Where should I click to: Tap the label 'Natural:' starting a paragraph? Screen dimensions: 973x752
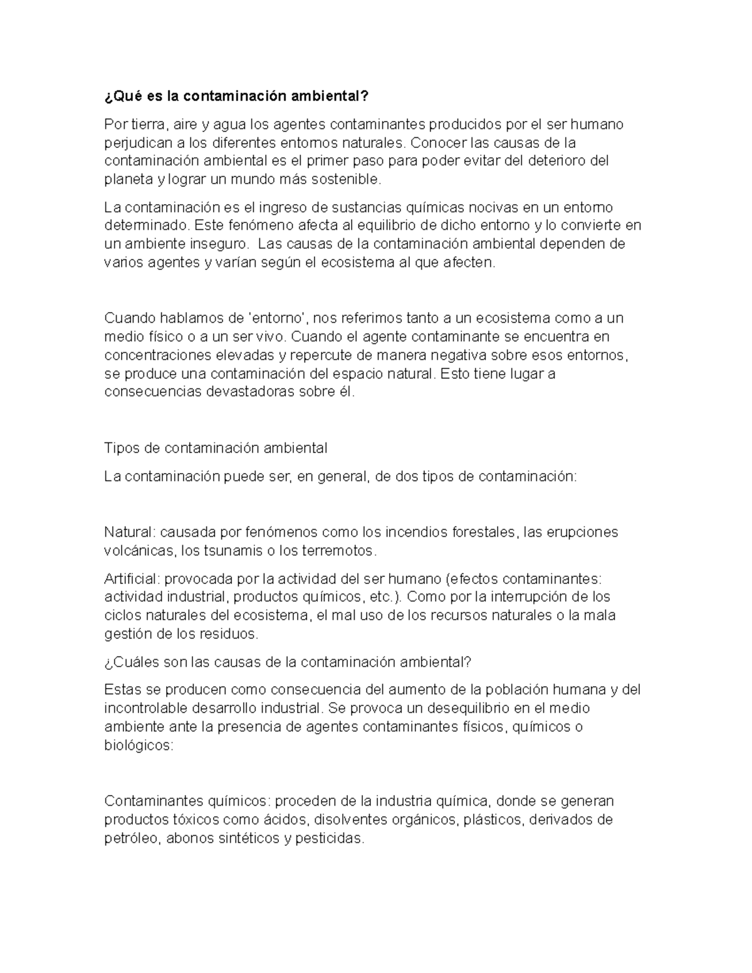129,533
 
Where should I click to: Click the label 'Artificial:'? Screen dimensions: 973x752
132,579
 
